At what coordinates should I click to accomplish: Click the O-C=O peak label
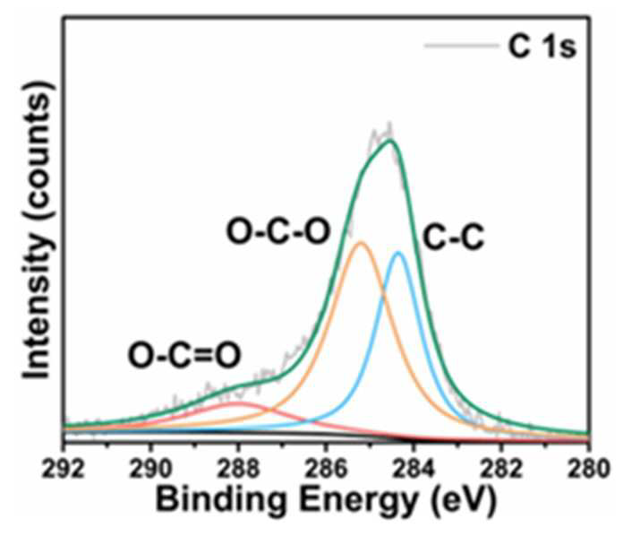184,356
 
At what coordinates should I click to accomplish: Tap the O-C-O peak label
278,231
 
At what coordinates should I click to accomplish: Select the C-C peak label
453,238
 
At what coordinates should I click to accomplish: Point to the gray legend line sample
462,46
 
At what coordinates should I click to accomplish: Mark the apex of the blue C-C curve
398,252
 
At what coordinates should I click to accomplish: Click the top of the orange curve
361,242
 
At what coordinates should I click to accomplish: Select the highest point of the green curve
391,140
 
